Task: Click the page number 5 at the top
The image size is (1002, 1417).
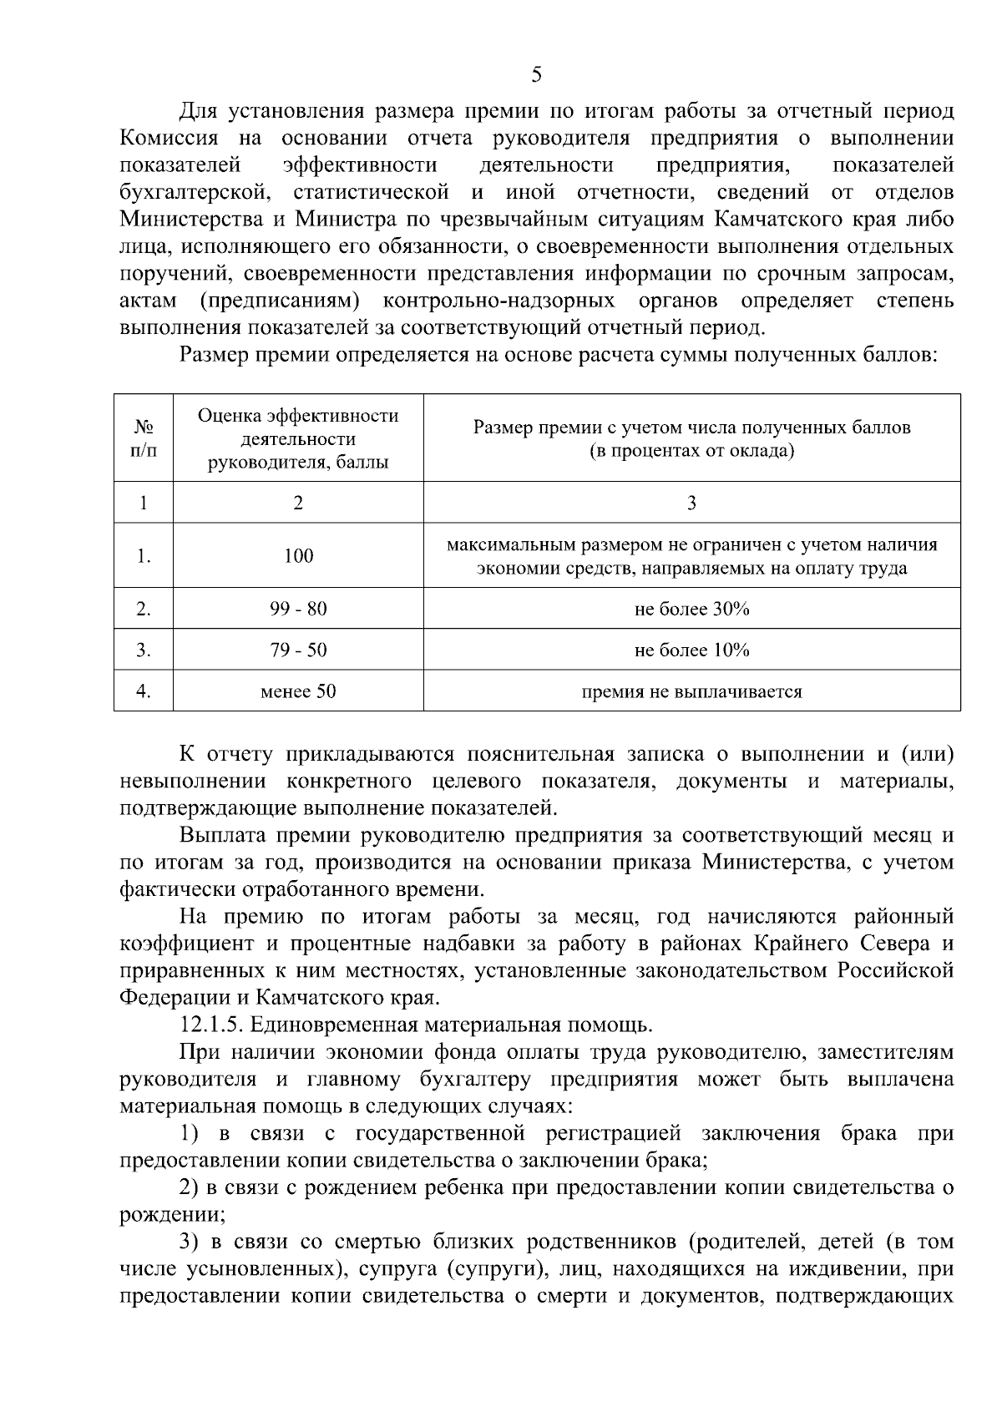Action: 537,75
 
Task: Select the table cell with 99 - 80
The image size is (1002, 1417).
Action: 298,609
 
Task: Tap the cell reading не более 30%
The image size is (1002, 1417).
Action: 691,609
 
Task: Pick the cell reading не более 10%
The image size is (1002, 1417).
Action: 691,650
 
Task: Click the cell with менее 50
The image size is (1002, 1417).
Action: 298,691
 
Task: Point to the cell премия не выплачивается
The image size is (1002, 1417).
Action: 691,691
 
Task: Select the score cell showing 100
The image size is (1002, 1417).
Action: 298,556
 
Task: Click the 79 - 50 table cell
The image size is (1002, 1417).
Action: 298,650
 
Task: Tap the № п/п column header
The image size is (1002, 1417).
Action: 144,438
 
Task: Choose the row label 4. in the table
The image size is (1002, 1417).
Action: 144,691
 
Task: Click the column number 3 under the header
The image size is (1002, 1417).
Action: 691,503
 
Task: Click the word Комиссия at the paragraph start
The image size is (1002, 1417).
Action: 170,139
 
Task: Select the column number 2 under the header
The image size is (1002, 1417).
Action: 298,503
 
